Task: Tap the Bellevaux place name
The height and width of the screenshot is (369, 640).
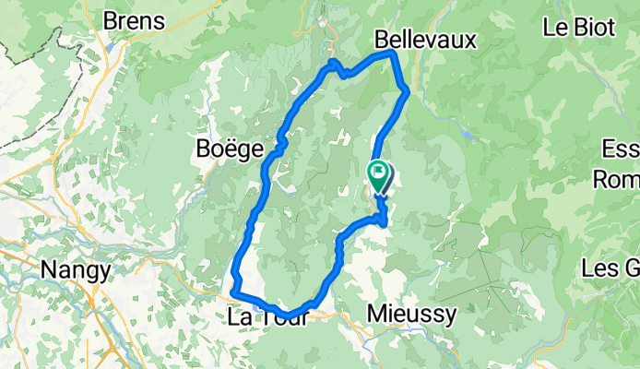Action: click(425, 40)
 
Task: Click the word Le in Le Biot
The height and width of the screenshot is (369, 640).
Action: click(556, 27)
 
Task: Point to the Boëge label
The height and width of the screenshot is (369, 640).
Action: click(231, 148)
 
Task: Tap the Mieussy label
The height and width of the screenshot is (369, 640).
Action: click(411, 315)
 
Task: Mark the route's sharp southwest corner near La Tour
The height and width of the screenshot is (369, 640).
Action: click(231, 293)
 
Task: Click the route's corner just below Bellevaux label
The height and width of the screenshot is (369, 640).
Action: click(393, 54)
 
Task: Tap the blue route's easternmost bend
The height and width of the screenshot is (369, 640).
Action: click(407, 89)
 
